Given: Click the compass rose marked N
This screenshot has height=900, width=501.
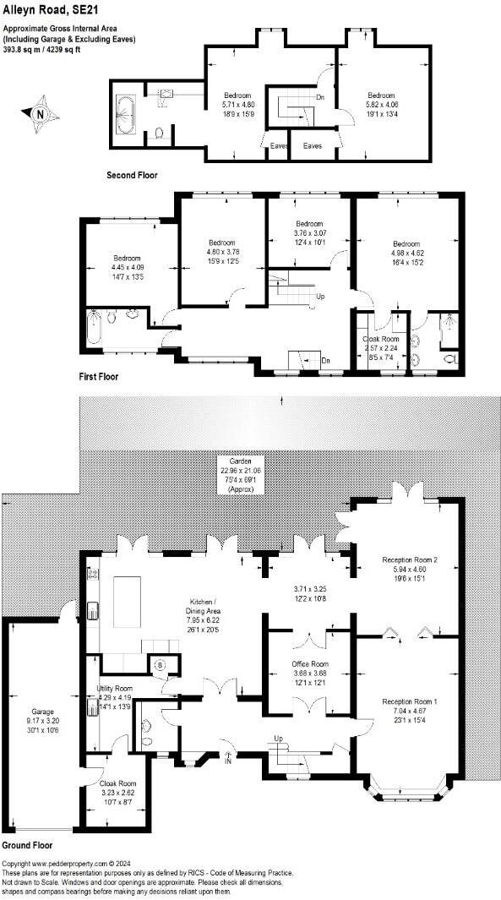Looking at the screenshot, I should tap(41, 112).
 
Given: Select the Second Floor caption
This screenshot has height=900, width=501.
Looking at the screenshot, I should tap(132, 176).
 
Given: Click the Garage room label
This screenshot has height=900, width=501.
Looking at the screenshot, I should tap(42, 712).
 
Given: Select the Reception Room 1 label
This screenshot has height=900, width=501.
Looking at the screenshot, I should tap(409, 702).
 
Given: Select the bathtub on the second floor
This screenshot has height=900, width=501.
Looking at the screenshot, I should tap(126, 114).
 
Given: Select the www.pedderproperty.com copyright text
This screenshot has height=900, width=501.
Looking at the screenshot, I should tap(68, 863).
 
